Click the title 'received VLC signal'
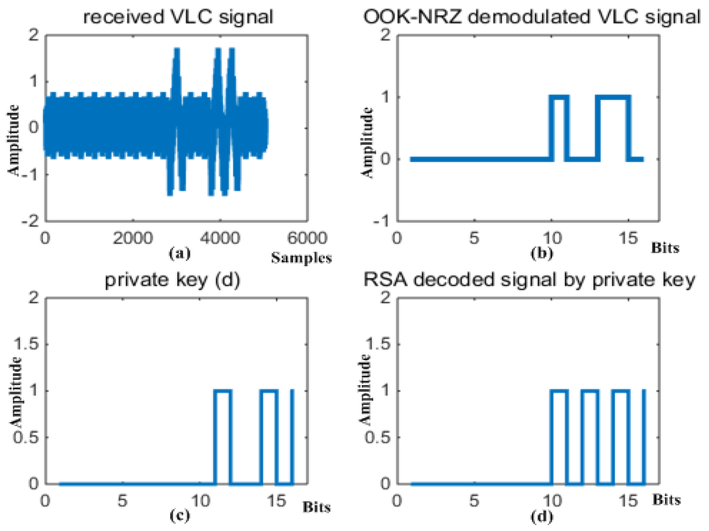pyautogui.click(x=178, y=17)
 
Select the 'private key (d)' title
pyautogui.click(x=172, y=280)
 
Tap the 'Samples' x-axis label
pyautogui.click(x=301, y=258)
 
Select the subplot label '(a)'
pyautogui.click(x=180, y=253)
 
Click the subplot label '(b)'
pyautogui.click(x=542, y=253)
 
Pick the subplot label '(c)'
pyautogui.click(x=180, y=515)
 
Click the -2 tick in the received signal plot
pyautogui.click(x=30, y=221)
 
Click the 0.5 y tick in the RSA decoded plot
pyautogui.click(x=378, y=437)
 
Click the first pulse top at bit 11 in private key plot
pyautogui.click(x=223, y=391)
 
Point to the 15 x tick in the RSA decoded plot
pyautogui.click(x=628, y=501)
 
